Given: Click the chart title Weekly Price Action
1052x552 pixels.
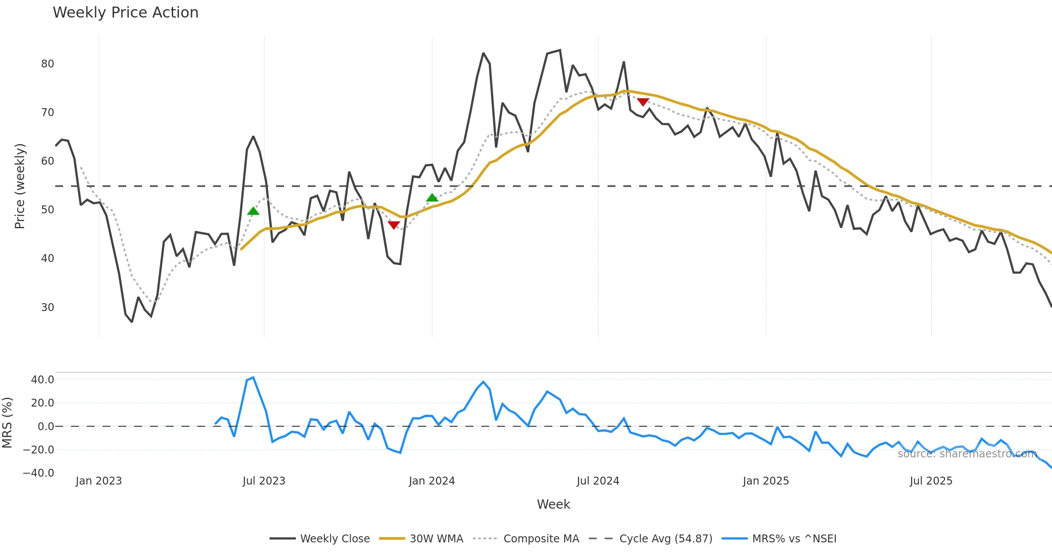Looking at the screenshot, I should point(125,13).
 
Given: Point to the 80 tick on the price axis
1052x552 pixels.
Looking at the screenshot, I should point(47,64).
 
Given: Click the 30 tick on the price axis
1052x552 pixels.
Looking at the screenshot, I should point(47,308).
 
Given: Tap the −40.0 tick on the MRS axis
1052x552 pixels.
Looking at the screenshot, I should point(39,473).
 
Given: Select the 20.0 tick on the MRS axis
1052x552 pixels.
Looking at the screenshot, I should point(42,403).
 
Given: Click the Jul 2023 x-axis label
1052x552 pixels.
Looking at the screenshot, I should point(264,481).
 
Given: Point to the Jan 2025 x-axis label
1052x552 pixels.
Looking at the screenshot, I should point(766,481).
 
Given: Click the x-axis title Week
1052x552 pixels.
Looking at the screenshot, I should point(553,505).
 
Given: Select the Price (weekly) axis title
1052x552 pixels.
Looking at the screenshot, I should point(20,186).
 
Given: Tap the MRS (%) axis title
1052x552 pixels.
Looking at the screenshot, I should point(7,423).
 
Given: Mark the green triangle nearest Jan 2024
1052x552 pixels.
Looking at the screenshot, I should point(432,198).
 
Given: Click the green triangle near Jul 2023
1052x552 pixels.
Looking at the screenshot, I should point(253,212).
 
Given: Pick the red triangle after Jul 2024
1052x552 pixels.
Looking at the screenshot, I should point(643,102).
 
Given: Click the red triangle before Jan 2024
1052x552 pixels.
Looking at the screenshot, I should point(394,225).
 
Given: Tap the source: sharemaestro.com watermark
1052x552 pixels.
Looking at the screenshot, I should point(967,454).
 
